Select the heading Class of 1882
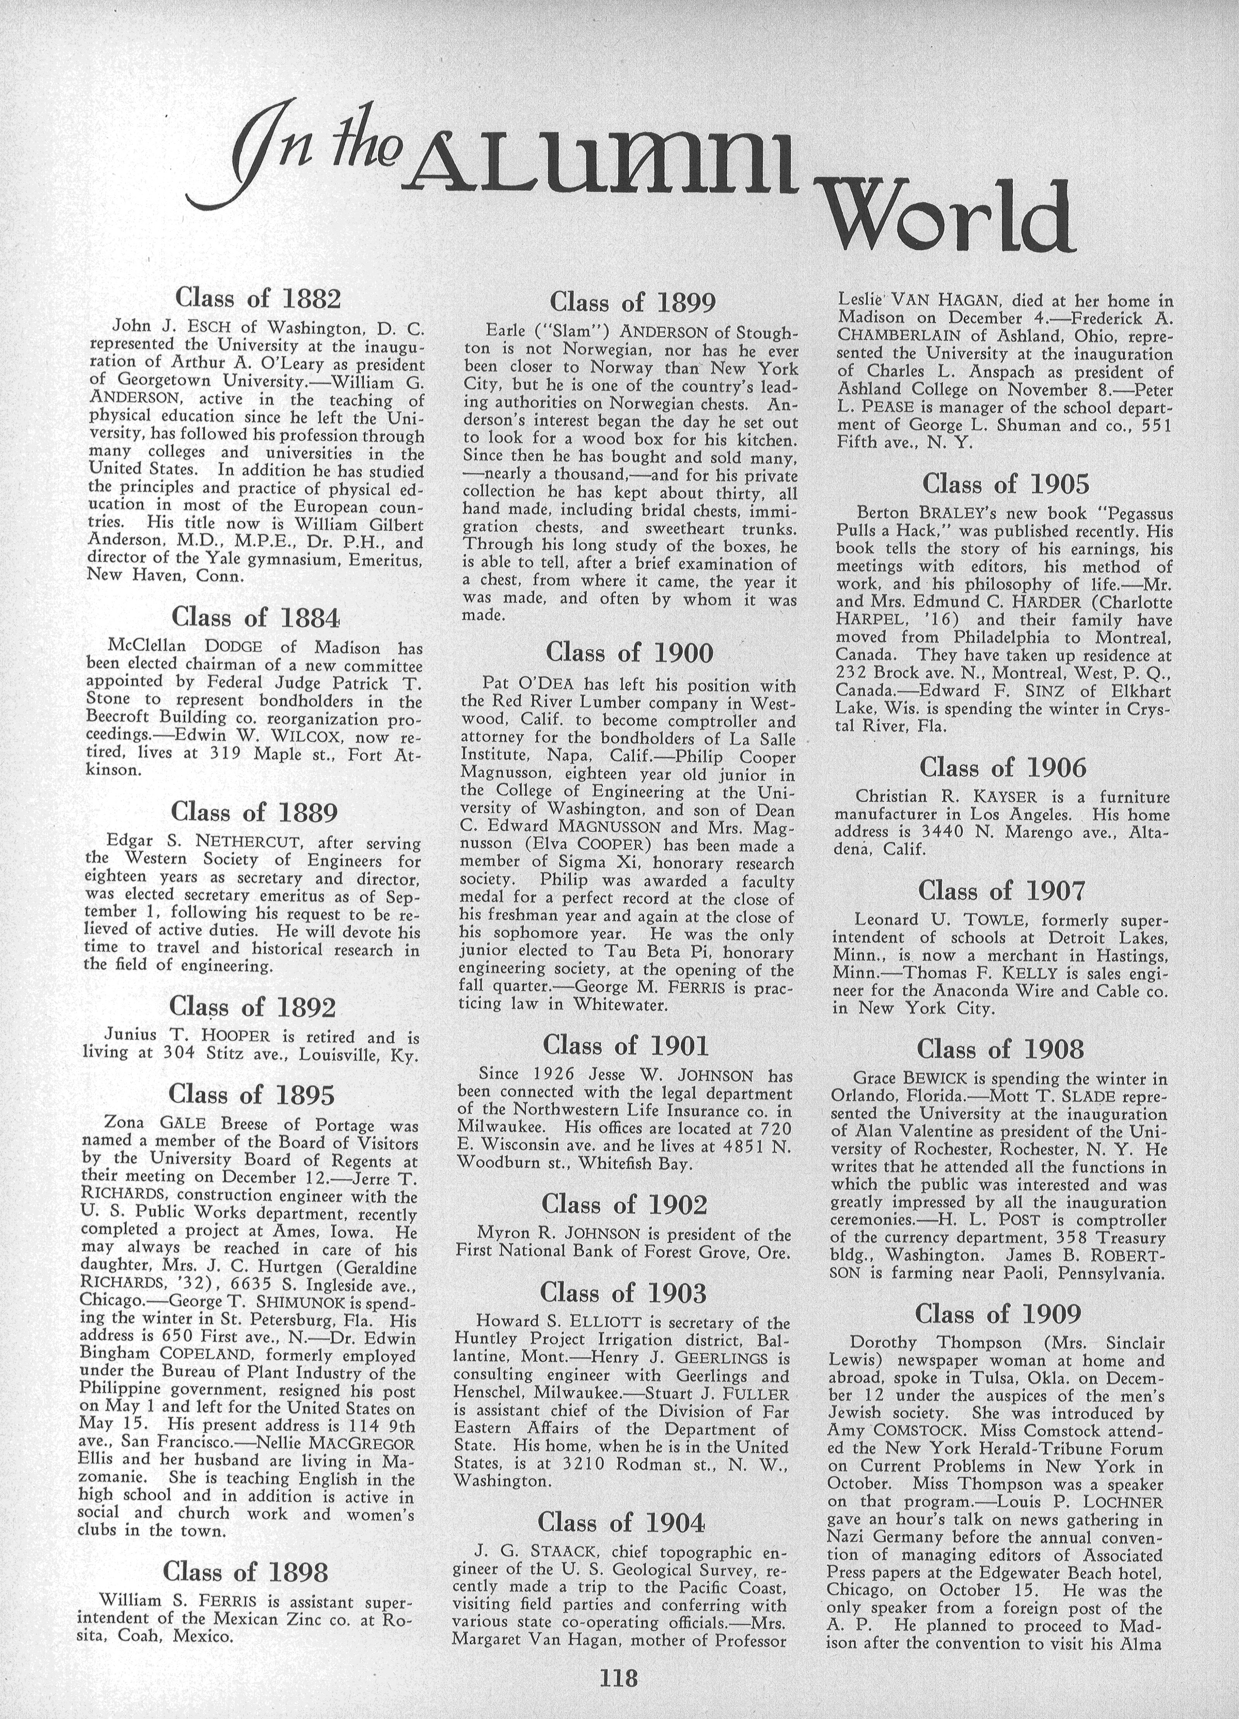pos(257,297)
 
